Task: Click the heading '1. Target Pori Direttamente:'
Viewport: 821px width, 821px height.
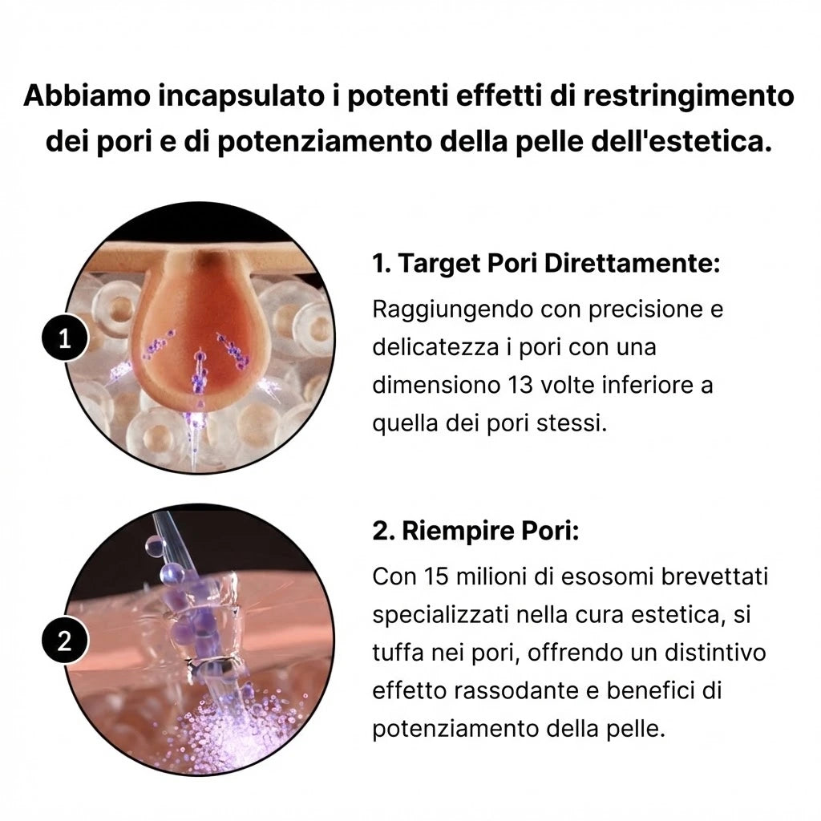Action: tap(546, 264)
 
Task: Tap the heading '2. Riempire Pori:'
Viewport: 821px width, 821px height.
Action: tap(475, 532)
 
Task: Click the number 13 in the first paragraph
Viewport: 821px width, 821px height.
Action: tap(523, 385)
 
